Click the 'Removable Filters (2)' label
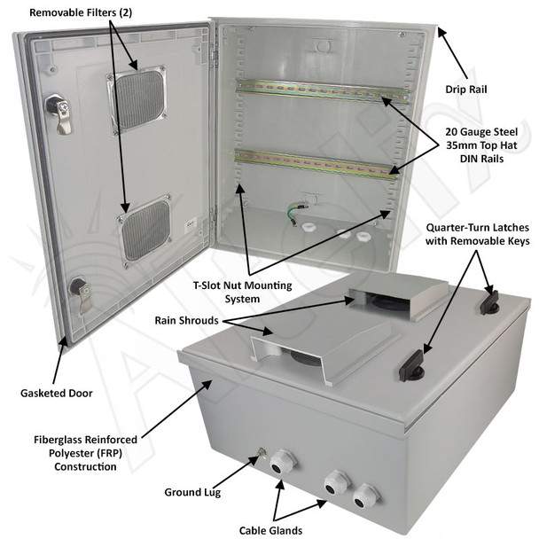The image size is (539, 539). pos(81,12)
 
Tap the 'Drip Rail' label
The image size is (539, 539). pos(466,90)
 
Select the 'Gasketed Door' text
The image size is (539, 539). pos(57,394)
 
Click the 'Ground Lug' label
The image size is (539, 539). pos(192,492)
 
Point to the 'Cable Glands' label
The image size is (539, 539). pos(271,530)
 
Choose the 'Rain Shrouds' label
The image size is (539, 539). pos(186,320)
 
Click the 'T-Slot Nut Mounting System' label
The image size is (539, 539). pos(242,292)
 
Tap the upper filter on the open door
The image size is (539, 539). pos(137,99)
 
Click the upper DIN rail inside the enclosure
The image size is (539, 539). pos(323,91)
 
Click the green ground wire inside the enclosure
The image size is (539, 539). pos(295,213)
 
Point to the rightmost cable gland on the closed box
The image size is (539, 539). pos(365,496)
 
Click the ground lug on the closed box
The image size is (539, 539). pos(262,454)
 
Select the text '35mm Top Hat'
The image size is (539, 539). pos(481,145)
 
